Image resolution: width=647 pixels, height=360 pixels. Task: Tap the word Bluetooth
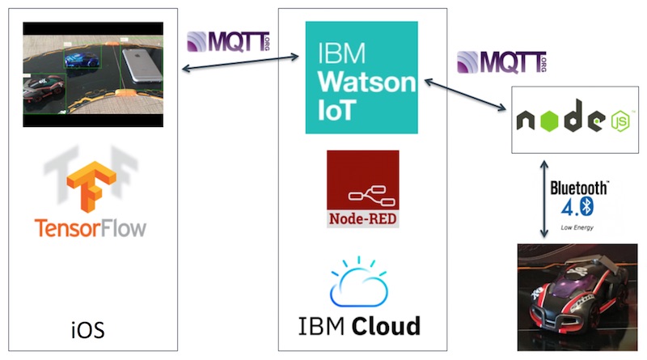pyautogui.click(x=578, y=187)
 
